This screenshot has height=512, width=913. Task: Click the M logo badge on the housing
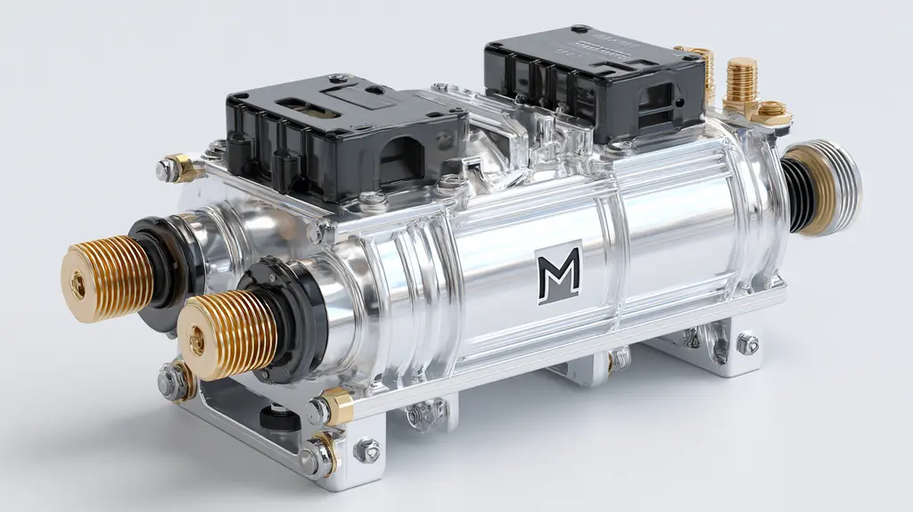tap(559, 273)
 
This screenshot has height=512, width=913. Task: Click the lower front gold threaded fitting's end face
tap(196, 339)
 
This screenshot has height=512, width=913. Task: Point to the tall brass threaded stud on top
tap(742, 82)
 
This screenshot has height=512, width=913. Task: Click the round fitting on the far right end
tap(830, 186)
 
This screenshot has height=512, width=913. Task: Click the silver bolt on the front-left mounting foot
tap(366, 450)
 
